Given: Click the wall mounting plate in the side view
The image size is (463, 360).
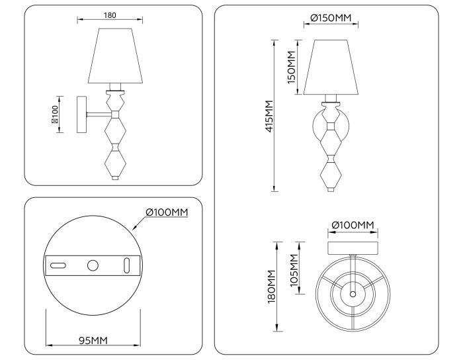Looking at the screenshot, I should [82, 114].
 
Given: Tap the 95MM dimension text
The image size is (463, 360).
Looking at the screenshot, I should [93, 340].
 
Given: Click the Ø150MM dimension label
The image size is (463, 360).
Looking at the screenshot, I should [330, 17].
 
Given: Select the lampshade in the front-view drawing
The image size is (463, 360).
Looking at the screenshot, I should [330, 67].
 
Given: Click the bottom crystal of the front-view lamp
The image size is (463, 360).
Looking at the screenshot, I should [330, 175].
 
